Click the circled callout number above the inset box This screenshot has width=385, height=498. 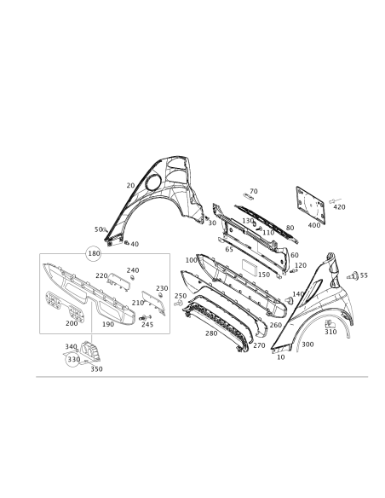(x=93, y=253)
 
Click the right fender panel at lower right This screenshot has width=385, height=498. (x=319, y=306)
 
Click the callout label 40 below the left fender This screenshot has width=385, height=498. (x=135, y=245)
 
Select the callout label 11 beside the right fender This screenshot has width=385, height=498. (x=364, y=275)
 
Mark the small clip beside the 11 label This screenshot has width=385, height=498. (x=351, y=275)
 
